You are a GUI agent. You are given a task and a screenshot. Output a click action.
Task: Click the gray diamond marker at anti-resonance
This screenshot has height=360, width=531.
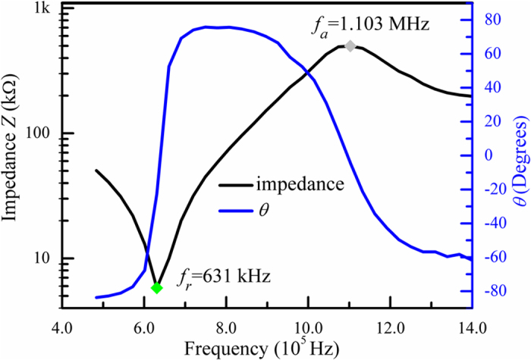click(350, 46)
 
